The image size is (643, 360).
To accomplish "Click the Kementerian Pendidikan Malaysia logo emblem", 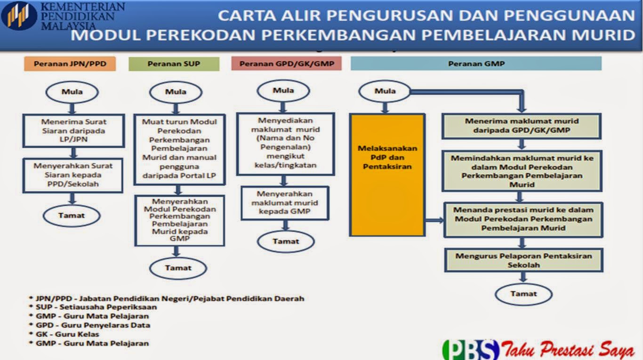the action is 19,16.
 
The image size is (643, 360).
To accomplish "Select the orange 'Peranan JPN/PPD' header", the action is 70,64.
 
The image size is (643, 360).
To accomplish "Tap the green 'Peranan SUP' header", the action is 174,64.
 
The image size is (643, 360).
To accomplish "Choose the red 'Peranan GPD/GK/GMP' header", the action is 286,64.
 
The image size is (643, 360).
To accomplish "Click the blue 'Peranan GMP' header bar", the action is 476,64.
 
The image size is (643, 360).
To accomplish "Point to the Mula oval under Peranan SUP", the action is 176,92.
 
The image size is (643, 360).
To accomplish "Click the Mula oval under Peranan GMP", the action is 385,91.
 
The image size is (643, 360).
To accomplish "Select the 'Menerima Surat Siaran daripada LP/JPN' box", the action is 73,130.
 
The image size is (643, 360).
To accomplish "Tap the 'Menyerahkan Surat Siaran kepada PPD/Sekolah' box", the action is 73,175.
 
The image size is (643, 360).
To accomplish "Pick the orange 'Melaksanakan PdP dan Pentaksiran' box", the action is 387,175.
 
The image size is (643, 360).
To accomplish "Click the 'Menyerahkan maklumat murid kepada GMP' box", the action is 284,203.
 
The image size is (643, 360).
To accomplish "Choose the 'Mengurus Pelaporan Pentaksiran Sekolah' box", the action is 523,260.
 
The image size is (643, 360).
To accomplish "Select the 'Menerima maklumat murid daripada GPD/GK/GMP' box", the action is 521,126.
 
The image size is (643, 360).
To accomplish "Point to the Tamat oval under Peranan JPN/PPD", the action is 72,216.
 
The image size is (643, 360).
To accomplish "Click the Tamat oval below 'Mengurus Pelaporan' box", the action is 523,294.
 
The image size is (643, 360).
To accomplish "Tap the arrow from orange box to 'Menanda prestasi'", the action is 434,220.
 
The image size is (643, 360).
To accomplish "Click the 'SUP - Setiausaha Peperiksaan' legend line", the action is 96,307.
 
